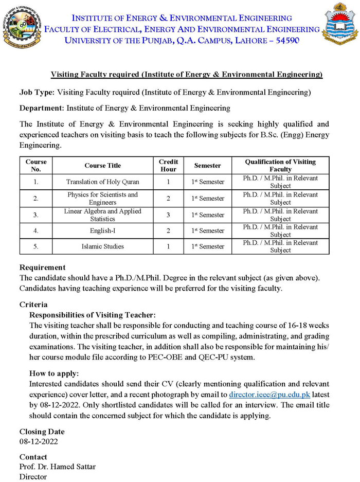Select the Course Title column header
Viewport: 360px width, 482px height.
[103, 166]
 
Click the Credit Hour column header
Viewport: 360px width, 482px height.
[168, 166]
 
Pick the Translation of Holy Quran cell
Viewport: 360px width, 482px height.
[103, 182]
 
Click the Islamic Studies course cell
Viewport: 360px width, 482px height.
[103, 246]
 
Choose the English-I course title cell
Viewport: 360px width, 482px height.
[103, 231]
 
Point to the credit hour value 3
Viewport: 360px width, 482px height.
[168, 215]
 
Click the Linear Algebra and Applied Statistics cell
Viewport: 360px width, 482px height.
[103, 215]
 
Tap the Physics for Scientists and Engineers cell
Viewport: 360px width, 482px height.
[103, 199]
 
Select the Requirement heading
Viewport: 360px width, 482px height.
[42, 267]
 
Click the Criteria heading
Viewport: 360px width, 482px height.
[33, 305]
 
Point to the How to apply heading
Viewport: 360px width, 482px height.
[54, 373]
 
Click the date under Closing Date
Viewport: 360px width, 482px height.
[39, 441]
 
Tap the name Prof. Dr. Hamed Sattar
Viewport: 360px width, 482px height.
[58, 467]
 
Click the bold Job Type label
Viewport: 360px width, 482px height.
[37, 93]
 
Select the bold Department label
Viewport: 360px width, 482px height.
[42, 108]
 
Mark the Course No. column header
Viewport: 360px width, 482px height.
[36, 166]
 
